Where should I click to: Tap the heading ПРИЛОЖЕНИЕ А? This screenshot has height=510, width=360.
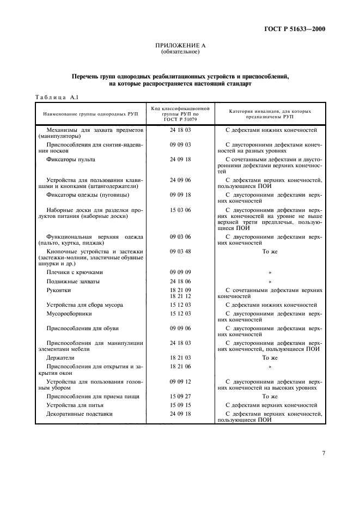pos(180,47)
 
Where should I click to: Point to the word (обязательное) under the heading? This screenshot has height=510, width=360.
pos(180,53)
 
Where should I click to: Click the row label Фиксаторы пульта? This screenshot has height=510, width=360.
pos(71,159)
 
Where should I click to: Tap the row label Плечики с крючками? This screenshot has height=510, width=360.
pos(75,271)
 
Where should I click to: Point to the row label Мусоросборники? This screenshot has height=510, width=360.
pos(69,314)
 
